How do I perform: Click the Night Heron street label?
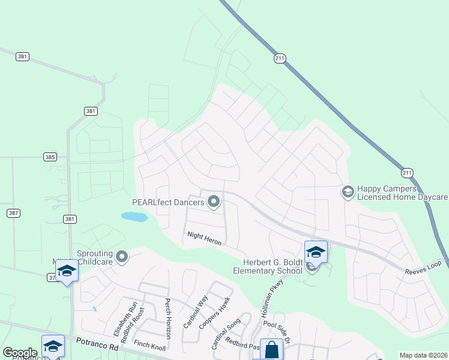[205, 238]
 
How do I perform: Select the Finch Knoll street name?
[149, 345]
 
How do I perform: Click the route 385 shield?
[50, 157]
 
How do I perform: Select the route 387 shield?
[13, 213]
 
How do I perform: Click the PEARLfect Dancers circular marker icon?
[213, 201]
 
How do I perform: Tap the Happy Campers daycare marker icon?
[347, 191]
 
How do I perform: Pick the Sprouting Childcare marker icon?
[122, 257]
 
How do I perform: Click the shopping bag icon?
[271, 349]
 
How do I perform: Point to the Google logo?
[20, 353]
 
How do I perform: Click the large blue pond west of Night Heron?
[134, 217]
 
